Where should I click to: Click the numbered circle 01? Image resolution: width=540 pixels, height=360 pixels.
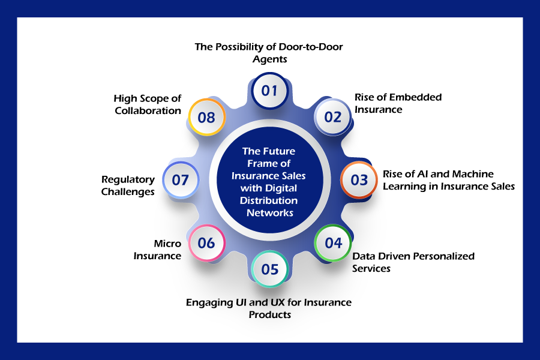(269, 91)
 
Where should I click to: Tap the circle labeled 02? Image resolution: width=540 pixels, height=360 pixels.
(332, 117)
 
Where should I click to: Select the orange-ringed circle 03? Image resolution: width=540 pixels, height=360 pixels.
(359, 180)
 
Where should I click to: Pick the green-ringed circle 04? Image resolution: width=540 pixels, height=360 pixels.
(332, 243)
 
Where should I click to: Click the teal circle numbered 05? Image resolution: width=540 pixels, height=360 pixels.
(269, 269)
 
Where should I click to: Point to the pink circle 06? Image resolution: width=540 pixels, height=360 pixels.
(206, 243)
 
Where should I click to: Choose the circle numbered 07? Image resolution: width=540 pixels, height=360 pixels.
(181, 180)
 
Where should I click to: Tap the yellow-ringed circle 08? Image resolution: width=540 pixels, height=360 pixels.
(206, 117)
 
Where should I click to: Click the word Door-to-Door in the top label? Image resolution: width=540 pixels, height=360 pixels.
(311, 47)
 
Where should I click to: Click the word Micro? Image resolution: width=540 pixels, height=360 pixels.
(167, 244)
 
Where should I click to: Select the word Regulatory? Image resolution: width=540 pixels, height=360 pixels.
(128, 180)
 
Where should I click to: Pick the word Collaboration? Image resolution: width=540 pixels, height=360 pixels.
(148, 110)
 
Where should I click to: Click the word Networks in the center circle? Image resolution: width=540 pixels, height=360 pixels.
(270, 213)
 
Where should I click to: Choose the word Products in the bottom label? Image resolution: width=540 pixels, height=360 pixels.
(270, 314)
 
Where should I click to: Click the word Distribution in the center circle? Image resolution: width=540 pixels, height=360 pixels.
(269, 200)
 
